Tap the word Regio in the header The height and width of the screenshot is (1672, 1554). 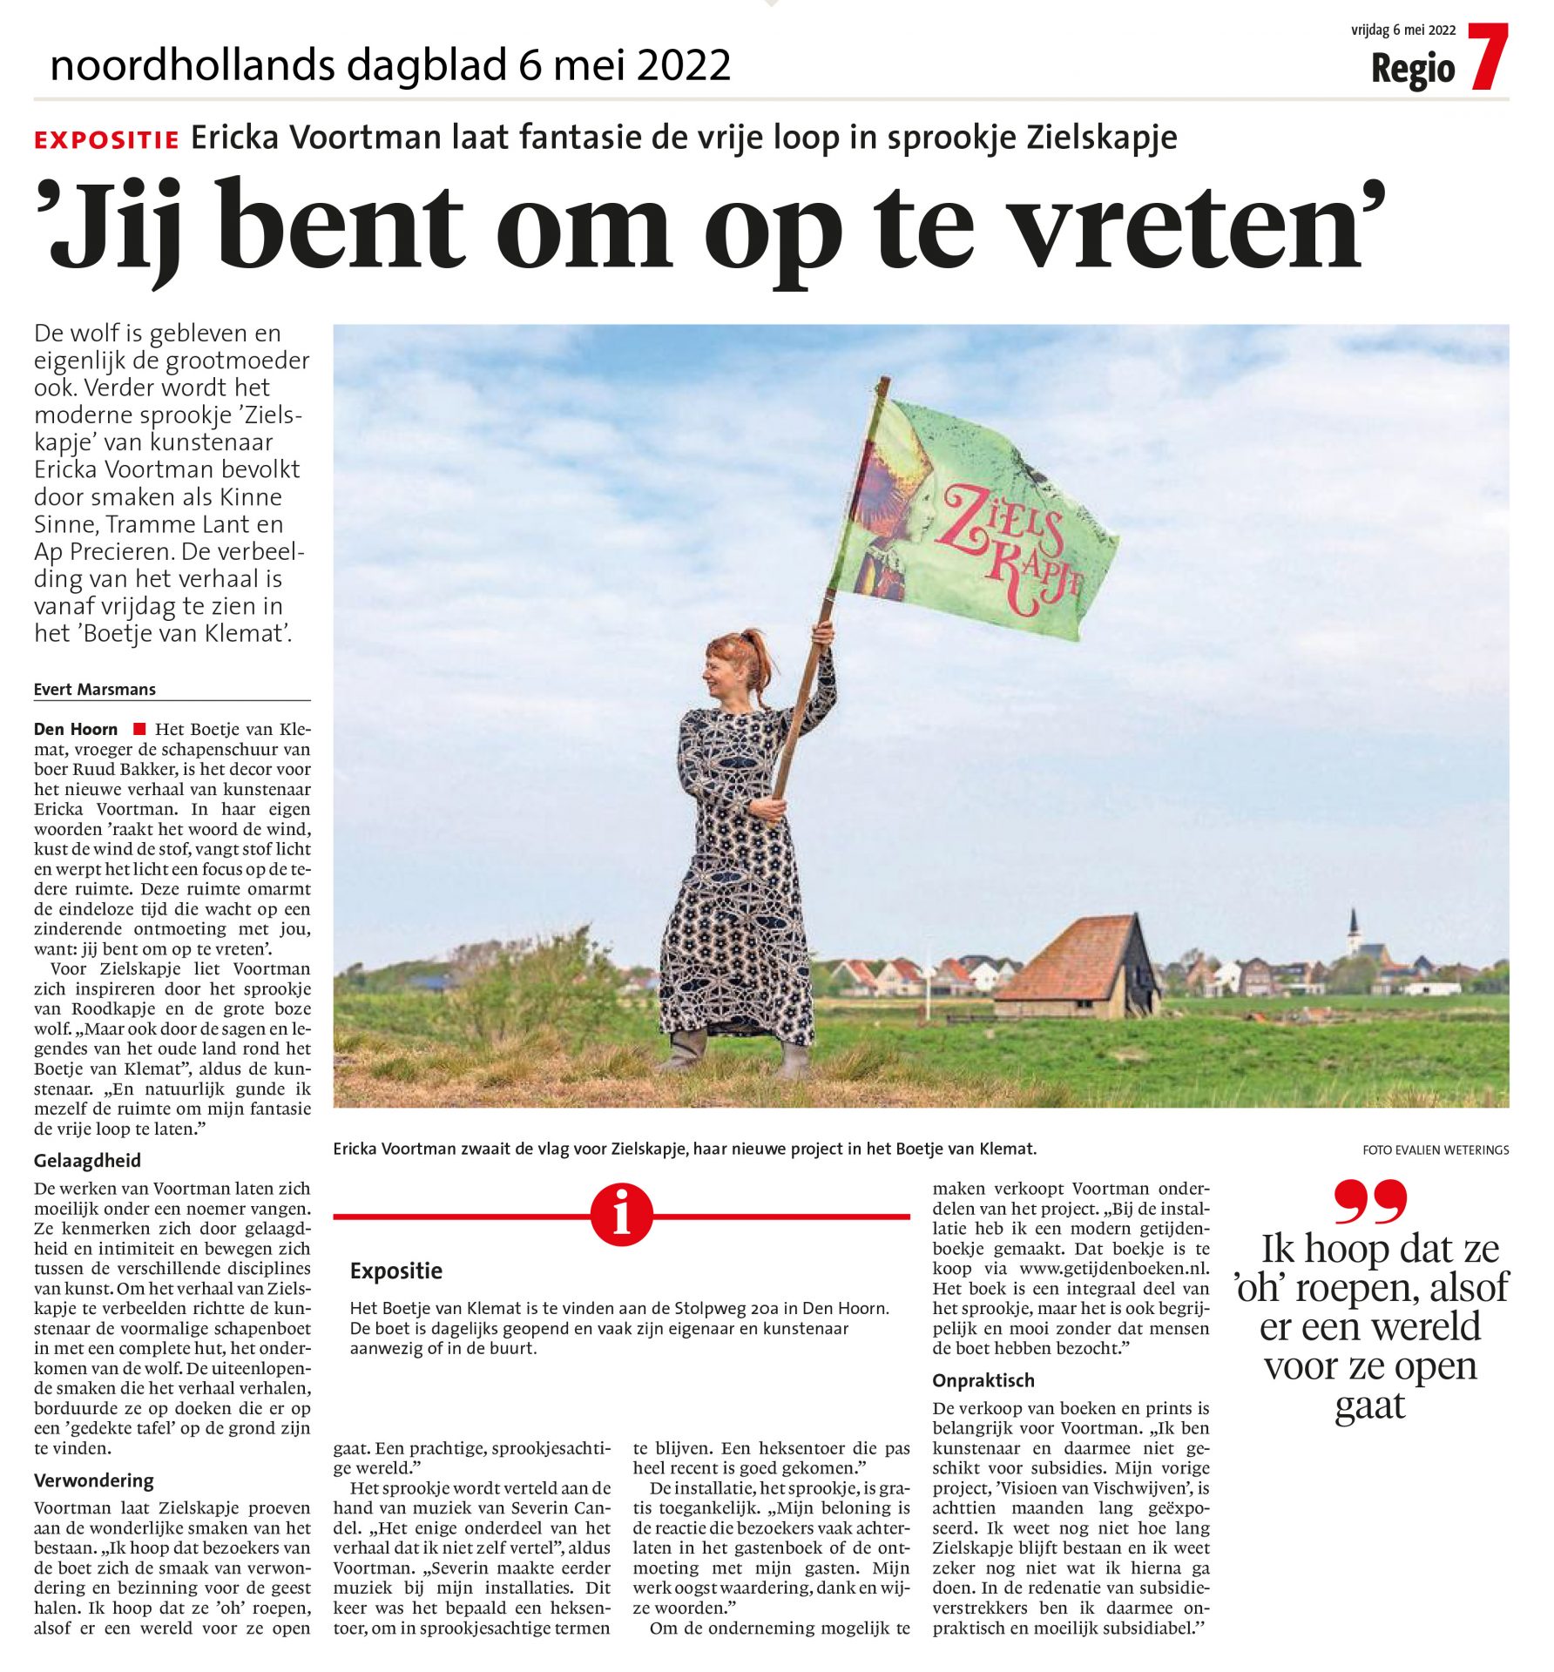pos(1413,70)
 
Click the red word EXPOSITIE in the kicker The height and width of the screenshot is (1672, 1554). pos(106,140)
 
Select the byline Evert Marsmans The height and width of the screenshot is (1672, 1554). pos(95,690)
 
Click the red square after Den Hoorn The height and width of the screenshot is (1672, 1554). pos(138,729)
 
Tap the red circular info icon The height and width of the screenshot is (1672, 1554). pos(621,1215)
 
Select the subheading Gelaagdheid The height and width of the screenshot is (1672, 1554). pos(87,1161)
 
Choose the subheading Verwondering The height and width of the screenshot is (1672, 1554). pos(94,1480)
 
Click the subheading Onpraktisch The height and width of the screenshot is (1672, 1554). pos(983,1380)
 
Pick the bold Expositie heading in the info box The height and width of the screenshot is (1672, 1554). pos(396,1271)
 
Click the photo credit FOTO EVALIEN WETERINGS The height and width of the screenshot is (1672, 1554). pos(1436,1150)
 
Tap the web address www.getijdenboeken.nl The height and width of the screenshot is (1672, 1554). pos(1114,1269)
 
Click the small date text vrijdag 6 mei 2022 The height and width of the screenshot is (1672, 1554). pos(1403,30)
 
